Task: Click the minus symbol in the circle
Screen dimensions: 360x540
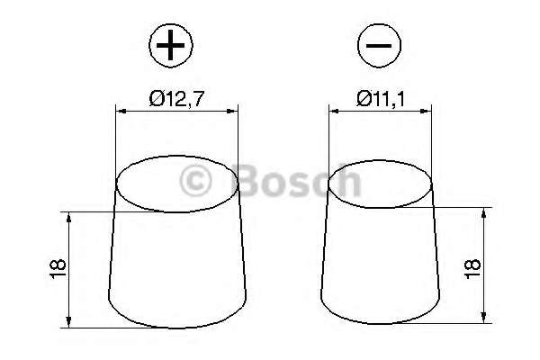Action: tap(379, 44)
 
